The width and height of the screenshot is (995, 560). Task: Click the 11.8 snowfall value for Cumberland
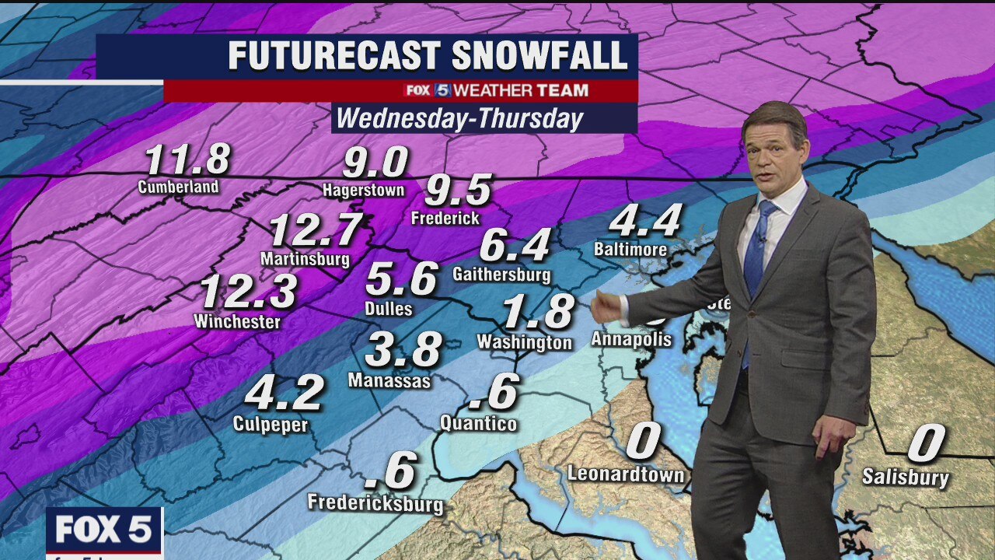click(187, 159)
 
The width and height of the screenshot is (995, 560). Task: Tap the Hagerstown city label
click(364, 191)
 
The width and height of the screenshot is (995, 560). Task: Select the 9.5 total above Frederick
click(459, 191)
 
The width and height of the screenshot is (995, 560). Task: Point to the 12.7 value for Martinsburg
click(316, 230)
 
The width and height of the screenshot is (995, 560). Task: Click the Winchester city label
click(237, 321)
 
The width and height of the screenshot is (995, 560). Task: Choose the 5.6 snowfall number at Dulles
click(401, 279)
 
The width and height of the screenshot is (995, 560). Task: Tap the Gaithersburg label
click(501, 275)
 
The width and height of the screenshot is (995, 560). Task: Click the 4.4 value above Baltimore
click(645, 221)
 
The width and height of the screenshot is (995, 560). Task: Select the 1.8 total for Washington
click(538, 312)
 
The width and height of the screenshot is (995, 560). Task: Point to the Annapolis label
click(631, 340)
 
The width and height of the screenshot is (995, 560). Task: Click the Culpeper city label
click(271, 425)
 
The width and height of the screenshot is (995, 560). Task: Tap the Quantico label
click(478, 424)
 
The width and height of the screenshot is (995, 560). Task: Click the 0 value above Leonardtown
click(643, 442)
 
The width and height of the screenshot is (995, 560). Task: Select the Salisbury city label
click(905, 477)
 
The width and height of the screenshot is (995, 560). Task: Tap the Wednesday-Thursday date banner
click(459, 119)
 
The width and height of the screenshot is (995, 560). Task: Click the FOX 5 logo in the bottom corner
click(103, 530)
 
